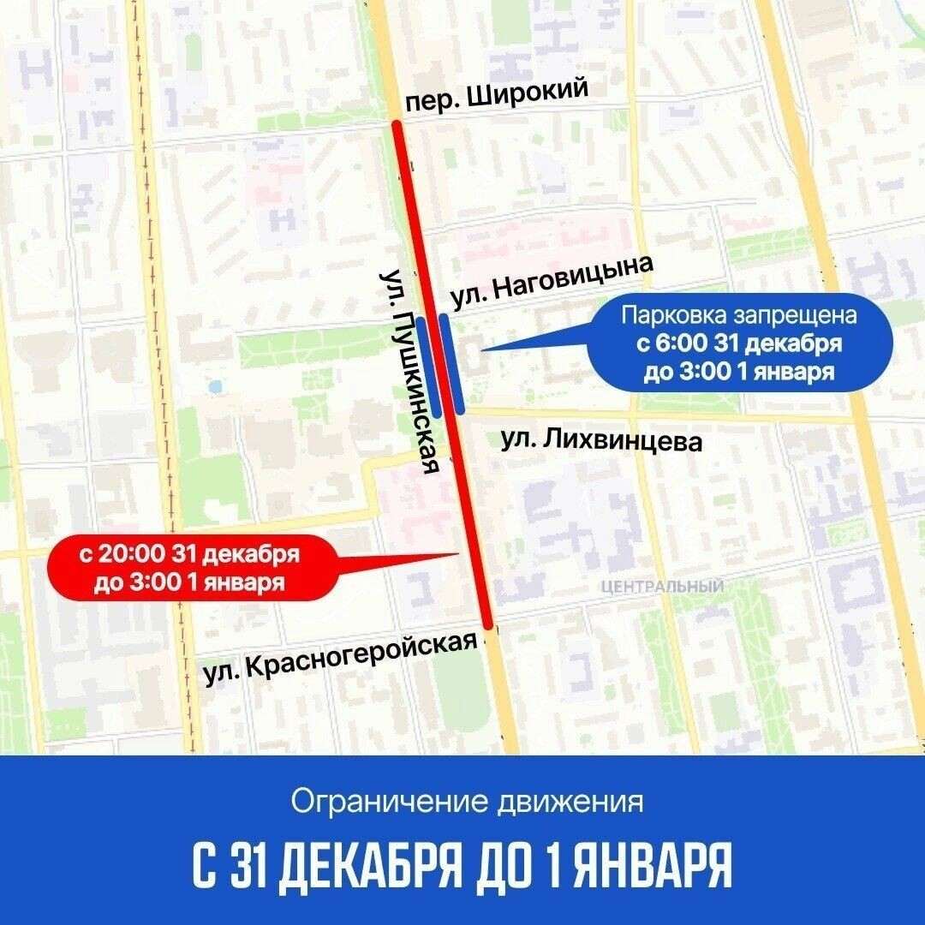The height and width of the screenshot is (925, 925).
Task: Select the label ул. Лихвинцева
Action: (x=601, y=441)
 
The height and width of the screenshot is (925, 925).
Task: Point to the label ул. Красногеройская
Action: (x=340, y=658)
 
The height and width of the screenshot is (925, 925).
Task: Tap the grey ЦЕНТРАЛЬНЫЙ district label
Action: (x=662, y=587)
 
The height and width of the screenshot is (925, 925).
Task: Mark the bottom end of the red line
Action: (x=487, y=624)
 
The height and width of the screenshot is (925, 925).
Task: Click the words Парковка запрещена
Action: (x=739, y=315)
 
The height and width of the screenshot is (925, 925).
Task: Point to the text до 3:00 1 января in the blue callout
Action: (x=739, y=373)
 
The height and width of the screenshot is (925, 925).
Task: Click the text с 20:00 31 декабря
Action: (x=189, y=553)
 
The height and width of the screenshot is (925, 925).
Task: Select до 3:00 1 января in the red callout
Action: (x=189, y=582)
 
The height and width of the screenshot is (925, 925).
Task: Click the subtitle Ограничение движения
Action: (x=467, y=803)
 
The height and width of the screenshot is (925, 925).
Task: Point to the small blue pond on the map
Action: (x=216, y=387)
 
